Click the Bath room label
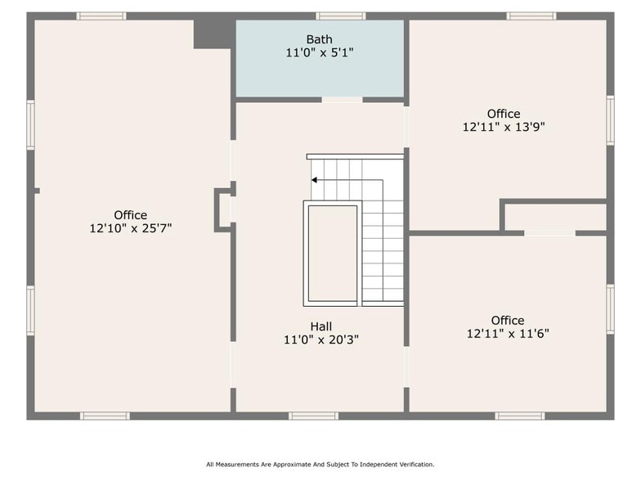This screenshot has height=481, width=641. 320,39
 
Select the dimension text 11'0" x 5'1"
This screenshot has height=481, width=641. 320,52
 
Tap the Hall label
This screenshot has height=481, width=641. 320,326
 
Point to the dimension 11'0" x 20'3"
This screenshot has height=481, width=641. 320,339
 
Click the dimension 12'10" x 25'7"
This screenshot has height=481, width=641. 131,228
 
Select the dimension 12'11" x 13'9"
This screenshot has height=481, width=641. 504,127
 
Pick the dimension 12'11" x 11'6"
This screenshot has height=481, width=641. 508,333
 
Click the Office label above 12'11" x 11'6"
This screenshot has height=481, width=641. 508,320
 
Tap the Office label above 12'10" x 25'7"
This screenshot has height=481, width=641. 131,215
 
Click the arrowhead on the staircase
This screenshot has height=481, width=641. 314,180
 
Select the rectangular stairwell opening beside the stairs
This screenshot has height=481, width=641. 331,254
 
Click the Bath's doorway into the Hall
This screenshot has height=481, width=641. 342,100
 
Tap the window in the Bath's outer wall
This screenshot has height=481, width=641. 341,16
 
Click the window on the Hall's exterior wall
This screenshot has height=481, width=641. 313,416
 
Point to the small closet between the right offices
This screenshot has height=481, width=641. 555,217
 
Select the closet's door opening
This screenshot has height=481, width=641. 549,233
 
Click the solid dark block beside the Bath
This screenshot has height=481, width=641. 213,33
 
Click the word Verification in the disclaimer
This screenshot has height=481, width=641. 417,464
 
